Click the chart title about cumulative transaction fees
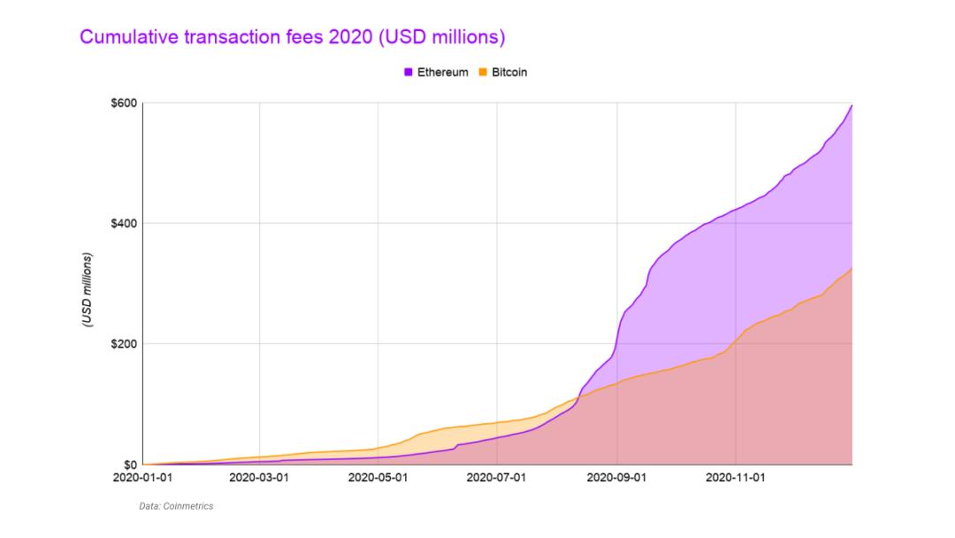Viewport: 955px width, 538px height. (x=292, y=37)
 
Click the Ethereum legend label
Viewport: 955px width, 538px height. (x=442, y=73)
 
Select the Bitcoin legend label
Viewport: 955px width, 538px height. (x=508, y=73)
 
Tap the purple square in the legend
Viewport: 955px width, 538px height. (x=408, y=73)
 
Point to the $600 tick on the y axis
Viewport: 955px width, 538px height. (x=124, y=104)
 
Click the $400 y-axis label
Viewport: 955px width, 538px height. (x=124, y=223)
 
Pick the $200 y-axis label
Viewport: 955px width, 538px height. (x=124, y=343)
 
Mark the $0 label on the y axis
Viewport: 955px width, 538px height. (x=129, y=464)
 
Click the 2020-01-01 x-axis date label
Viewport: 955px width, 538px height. (x=141, y=477)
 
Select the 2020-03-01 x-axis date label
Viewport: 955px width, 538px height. (x=259, y=477)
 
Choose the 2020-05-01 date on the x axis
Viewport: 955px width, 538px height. (x=378, y=477)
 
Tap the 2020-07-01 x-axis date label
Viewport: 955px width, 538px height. (x=496, y=477)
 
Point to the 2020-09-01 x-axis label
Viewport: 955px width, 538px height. (x=617, y=477)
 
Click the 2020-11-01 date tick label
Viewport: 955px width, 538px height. (x=736, y=477)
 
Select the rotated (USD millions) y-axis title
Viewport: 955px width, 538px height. (x=88, y=291)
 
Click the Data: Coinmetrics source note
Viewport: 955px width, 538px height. (x=176, y=506)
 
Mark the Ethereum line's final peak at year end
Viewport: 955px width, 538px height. (x=852, y=106)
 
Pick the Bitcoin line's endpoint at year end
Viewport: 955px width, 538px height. (x=852, y=268)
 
